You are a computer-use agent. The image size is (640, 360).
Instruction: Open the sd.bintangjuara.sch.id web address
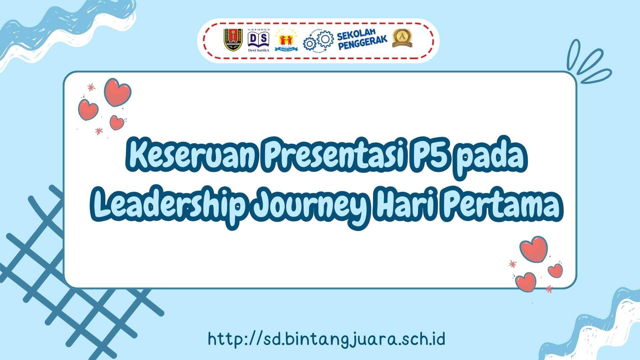(x=327, y=339)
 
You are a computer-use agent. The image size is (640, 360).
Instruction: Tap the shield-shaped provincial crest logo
(x=233, y=40)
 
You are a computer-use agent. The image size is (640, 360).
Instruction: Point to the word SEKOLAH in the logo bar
(x=356, y=34)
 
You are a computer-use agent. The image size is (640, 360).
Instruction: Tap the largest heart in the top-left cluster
(x=117, y=92)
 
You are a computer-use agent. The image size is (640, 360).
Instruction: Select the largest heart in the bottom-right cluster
(x=533, y=249)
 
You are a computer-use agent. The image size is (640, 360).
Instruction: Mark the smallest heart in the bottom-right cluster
(x=555, y=270)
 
